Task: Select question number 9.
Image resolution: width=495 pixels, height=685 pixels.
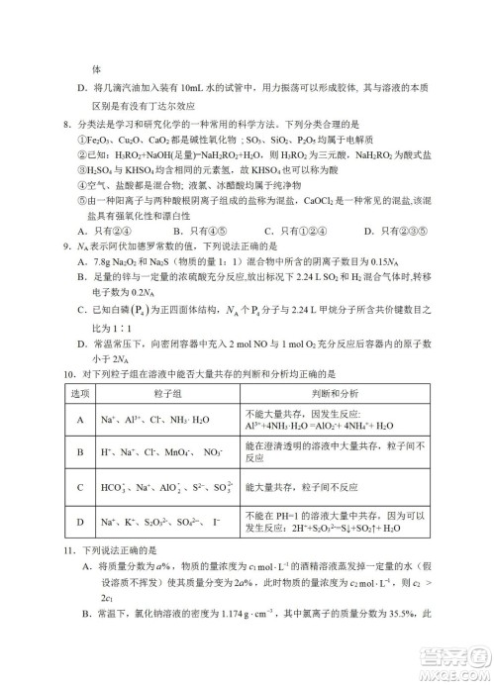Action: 64,245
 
